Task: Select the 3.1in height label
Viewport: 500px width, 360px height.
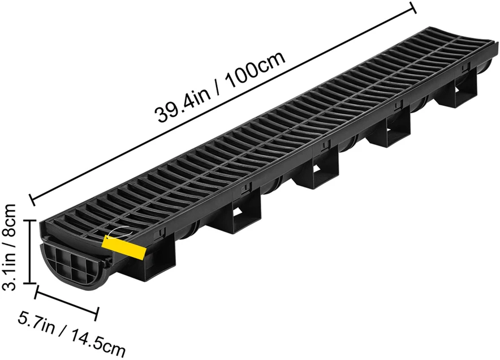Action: (10, 272)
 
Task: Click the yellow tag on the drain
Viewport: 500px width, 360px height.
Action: (124, 247)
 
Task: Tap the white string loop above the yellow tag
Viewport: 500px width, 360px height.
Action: (119, 232)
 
